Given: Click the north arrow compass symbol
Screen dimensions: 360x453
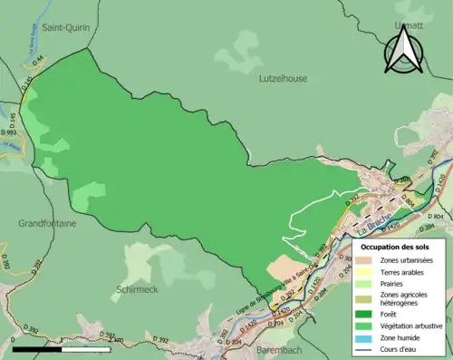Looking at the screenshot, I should [x=403, y=50].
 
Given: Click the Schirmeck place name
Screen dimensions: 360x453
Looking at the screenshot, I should [x=138, y=289].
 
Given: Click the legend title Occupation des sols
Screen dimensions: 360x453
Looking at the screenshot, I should [x=394, y=247].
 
